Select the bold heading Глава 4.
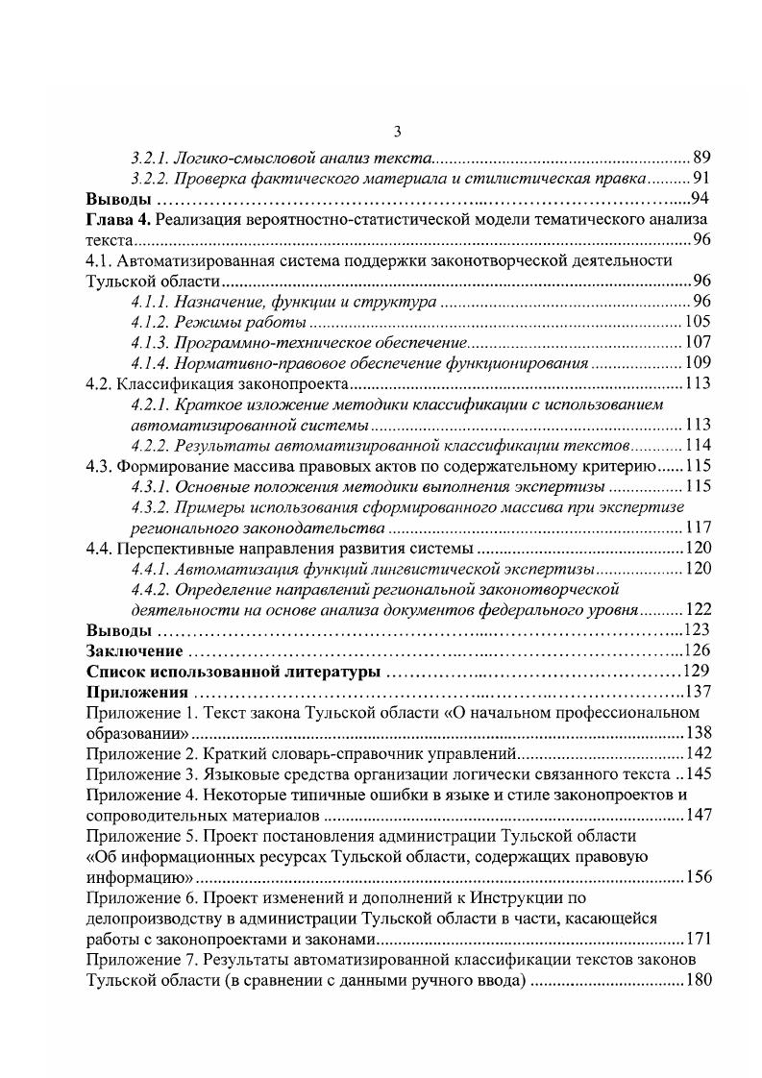[x=118, y=220]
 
